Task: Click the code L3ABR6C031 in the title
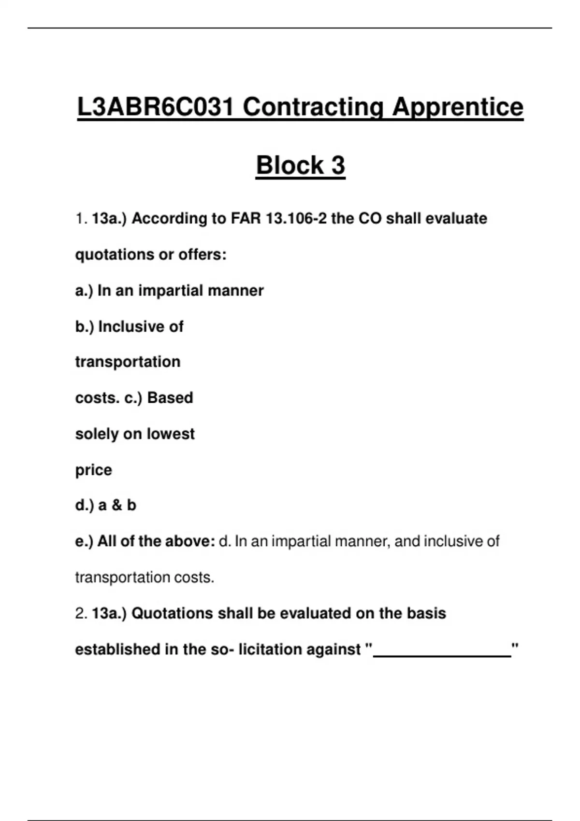pyautogui.click(x=156, y=107)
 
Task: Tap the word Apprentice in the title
pyautogui.click(x=457, y=107)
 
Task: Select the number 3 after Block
pyautogui.click(x=338, y=165)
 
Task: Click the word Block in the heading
pyautogui.click(x=290, y=165)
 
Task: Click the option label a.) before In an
pyautogui.click(x=84, y=291)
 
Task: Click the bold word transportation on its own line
pyautogui.click(x=128, y=362)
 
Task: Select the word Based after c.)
pyautogui.click(x=170, y=398)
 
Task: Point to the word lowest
pyautogui.click(x=171, y=434)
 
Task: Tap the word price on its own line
pyautogui.click(x=93, y=470)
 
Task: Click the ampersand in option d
pyautogui.click(x=116, y=505)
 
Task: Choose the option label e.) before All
pyautogui.click(x=84, y=541)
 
